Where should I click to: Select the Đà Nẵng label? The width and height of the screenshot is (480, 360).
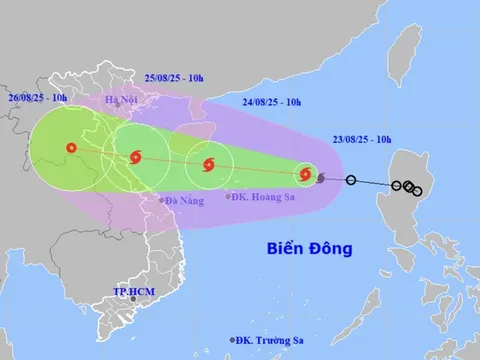click(184, 201)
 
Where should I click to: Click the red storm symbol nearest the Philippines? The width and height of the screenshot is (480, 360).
click(305, 174)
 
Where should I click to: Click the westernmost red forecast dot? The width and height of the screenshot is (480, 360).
click(69, 150)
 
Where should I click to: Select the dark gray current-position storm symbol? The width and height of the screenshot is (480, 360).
click(320, 178)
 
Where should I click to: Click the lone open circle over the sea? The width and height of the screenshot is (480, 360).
click(351, 180)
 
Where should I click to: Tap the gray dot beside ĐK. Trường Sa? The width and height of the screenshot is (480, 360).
click(233, 340)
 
